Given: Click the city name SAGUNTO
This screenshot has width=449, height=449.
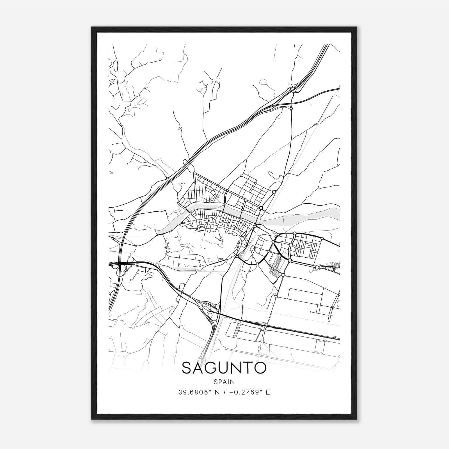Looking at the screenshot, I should click(224, 368).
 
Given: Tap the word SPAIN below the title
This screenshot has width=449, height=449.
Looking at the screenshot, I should click(224, 382).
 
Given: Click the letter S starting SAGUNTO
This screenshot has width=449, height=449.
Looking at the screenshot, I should click(187, 368).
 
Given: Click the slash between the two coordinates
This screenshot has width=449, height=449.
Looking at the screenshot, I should click(224, 392).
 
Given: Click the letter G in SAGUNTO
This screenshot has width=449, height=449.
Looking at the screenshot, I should click(211, 368).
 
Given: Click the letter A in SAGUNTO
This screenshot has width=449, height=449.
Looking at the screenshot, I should click(199, 368).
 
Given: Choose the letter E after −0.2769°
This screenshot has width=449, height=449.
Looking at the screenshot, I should click(268, 392).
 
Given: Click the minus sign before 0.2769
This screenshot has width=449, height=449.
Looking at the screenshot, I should click(232, 392).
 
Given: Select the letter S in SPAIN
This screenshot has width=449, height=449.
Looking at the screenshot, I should click(215, 382).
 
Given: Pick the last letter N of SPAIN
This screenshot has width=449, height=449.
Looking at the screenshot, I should click(233, 382).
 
